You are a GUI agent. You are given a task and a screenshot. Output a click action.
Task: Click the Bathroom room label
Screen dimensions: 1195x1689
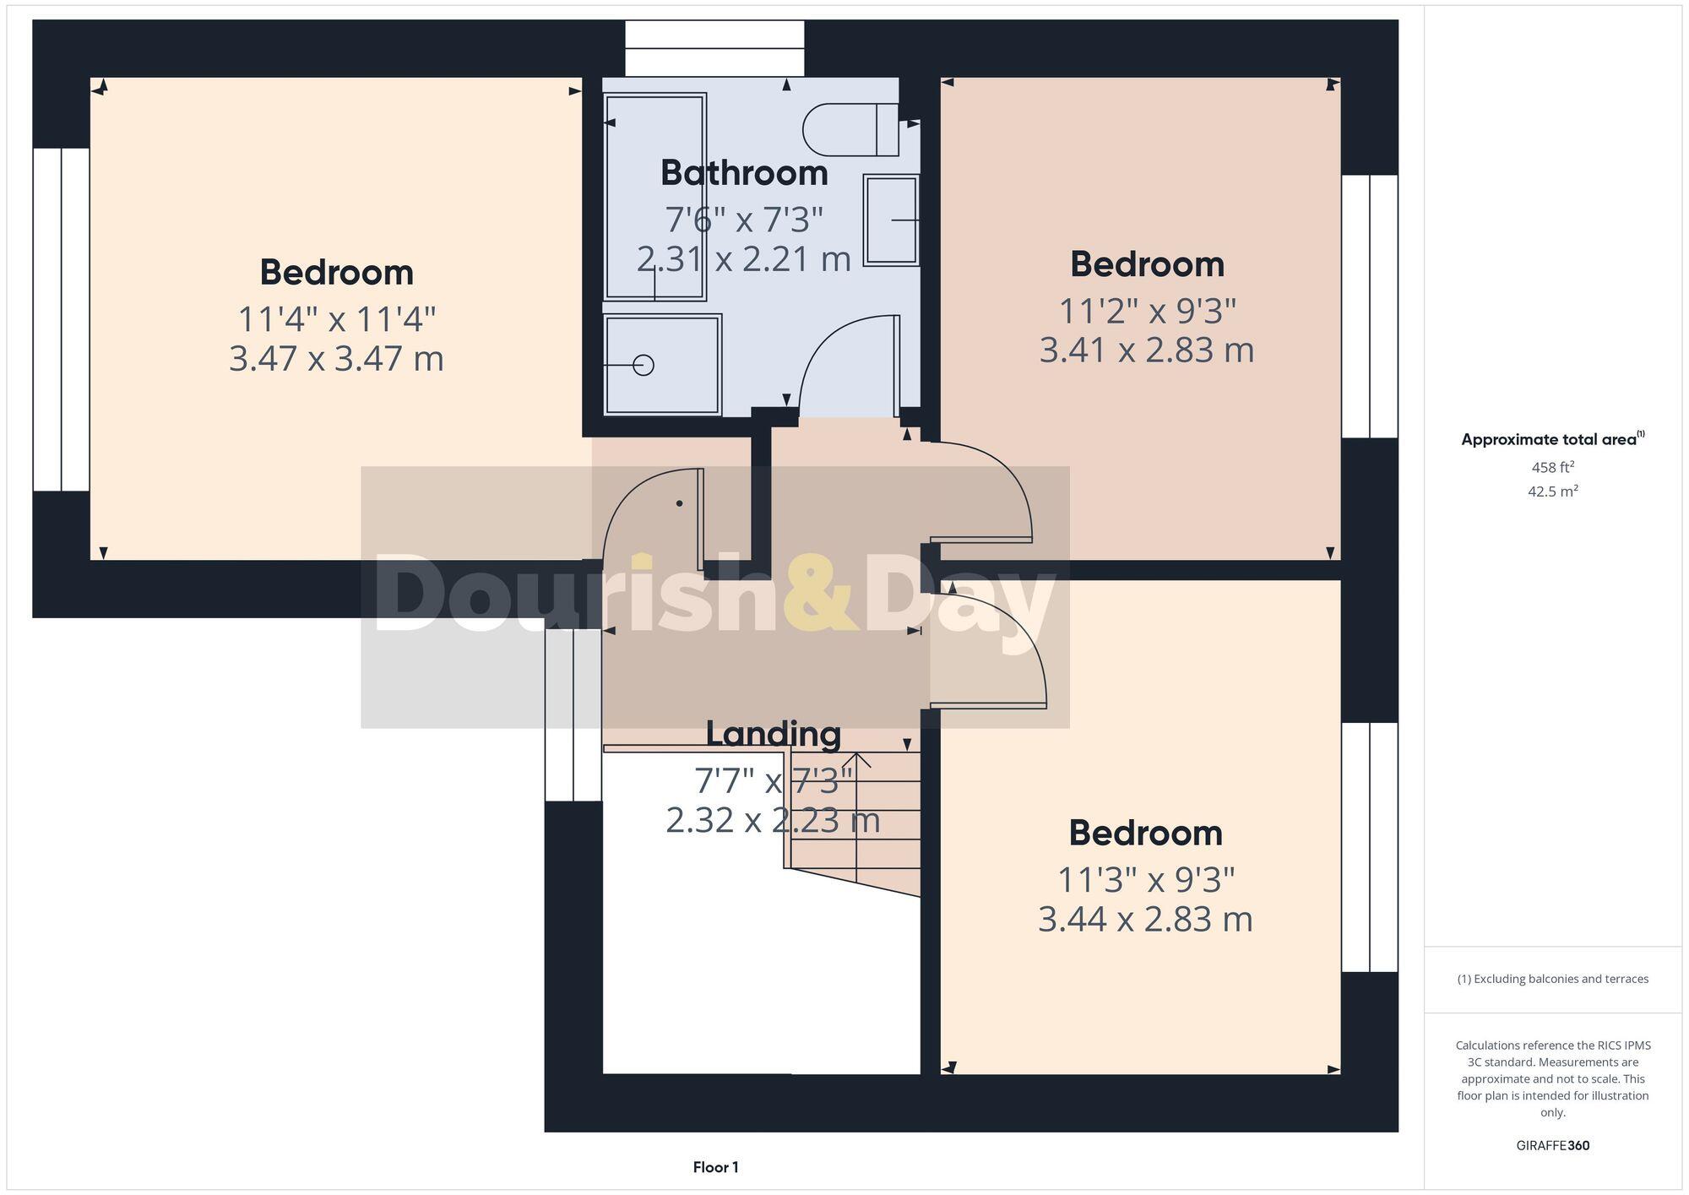click(x=744, y=173)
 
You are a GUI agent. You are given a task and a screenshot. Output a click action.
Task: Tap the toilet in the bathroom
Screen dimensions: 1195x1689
click(x=849, y=129)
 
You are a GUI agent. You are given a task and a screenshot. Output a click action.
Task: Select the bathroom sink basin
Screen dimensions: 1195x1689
click(x=891, y=220)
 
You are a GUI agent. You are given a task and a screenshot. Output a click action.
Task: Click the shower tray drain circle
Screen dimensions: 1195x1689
click(x=644, y=365)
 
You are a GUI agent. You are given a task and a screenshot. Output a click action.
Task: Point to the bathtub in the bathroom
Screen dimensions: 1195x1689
click(x=654, y=197)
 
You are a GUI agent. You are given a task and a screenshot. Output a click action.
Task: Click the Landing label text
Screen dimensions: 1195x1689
click(x=773, y=733)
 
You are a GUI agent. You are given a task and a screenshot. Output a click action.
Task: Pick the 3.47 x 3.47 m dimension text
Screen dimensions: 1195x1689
click(x=336, y=359)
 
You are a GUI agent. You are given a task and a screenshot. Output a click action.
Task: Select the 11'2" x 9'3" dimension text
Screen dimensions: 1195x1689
click(x=1147, y=312)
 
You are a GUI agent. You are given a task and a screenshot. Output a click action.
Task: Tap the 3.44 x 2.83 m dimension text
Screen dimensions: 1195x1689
click(x=1145, y=920)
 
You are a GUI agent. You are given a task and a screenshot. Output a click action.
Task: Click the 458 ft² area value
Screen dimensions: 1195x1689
click(x=1552, y=467)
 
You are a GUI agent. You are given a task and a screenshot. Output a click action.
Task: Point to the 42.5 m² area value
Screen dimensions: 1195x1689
click(x=1552, y=491)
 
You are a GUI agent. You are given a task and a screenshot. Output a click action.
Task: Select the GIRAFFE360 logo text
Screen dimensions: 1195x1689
click(x=1552, y=1145)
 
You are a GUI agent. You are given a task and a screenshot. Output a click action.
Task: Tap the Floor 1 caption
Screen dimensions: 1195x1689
click(x=715, y=1167)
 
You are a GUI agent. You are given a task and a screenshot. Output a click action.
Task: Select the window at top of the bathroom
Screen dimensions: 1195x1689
click(x=714, y=49)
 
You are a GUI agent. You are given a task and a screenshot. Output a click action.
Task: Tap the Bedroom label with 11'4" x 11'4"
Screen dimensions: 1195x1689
click(x=336, y=273)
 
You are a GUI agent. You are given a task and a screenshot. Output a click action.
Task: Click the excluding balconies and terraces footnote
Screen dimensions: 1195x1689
click(x=1552, y=979)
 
